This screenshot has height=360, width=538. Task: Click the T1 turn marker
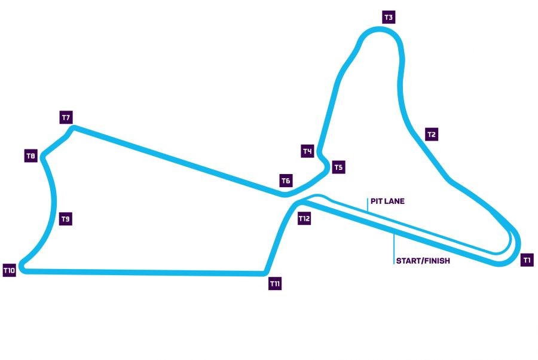click(x=527, y=260)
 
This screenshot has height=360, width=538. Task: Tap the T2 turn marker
click(x=432, y=135)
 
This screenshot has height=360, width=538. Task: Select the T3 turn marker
click(x=389, y=17)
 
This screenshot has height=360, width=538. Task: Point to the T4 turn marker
click(x=307, y=151)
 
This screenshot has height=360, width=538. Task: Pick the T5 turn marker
click(x=338, y=167)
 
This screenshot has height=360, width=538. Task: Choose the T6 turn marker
click(x=286, y=180)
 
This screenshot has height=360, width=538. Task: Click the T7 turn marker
click(x=66, y=117)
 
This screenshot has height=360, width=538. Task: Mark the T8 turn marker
click(x=31, y=156)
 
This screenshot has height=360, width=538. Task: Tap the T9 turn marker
click(x=66, y=219)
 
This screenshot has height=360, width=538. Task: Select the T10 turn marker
click(x=9, y=271)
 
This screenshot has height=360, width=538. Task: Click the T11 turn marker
click(x=275, y=284)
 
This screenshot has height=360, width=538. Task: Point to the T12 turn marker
click(x=304, y=219)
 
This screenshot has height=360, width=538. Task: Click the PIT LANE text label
click(x=387, y=202)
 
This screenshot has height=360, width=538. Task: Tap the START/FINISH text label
click(x=423, y=261)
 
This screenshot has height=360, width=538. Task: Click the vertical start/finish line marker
click(x=394, y=246)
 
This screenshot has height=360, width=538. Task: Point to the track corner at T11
click(x=264, y=273)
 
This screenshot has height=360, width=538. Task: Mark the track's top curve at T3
click(x=378, y=30)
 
